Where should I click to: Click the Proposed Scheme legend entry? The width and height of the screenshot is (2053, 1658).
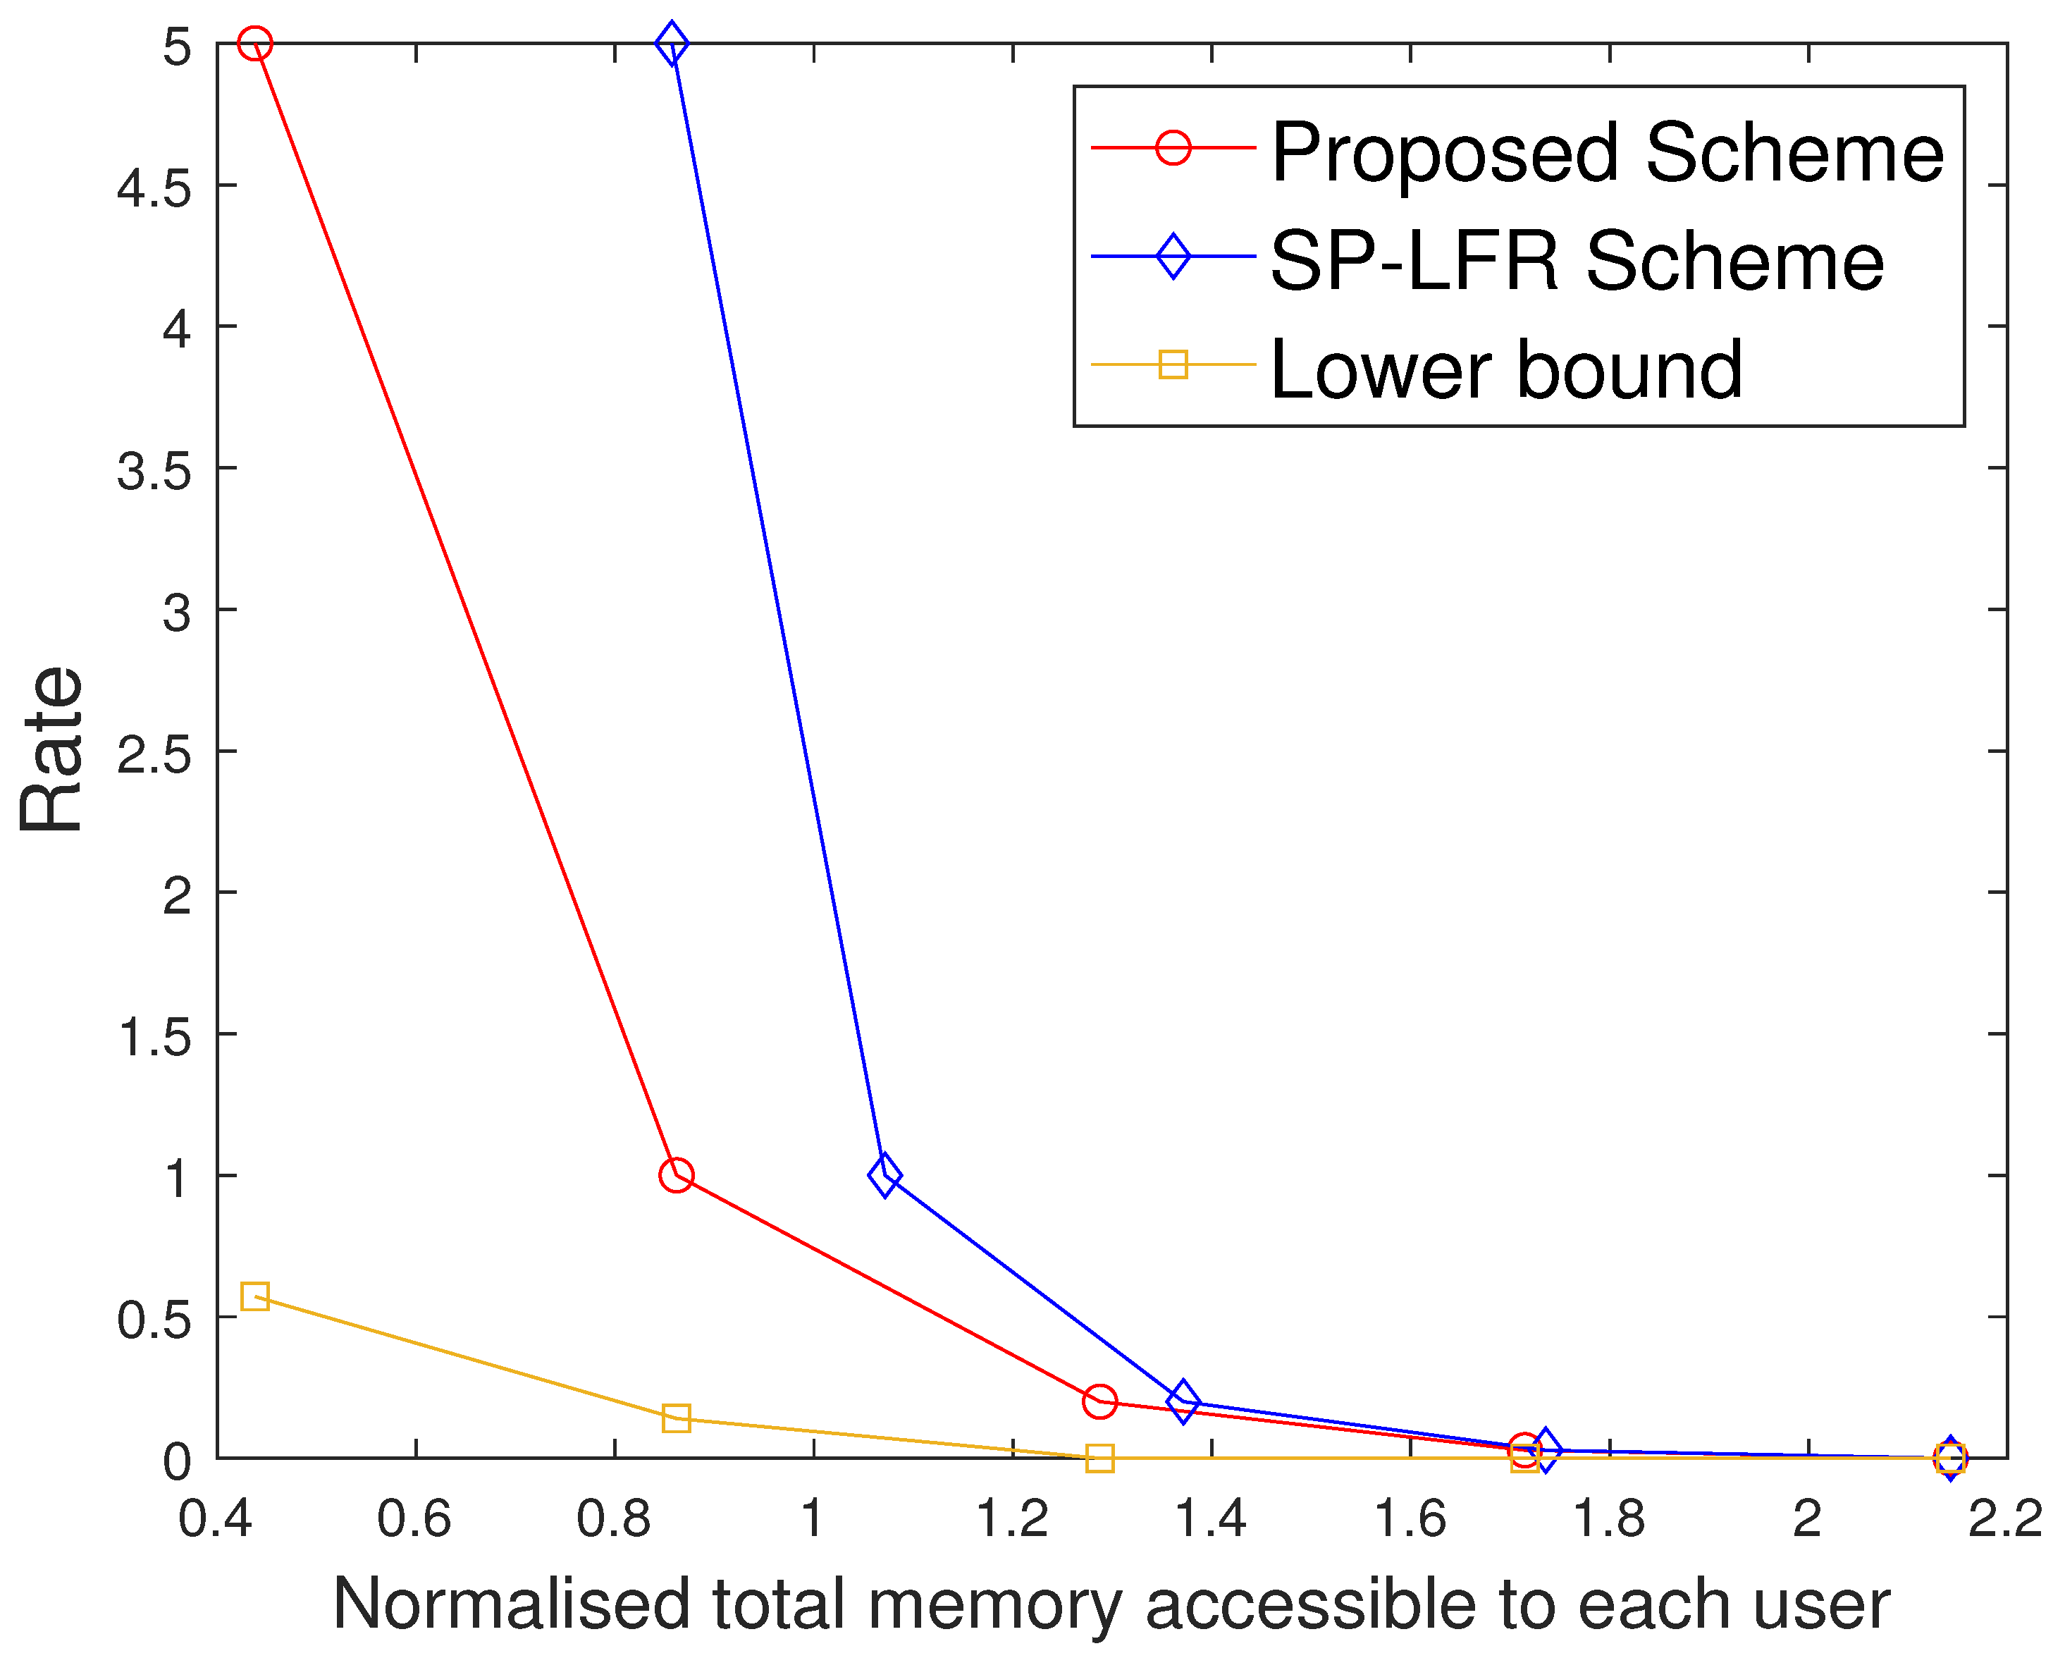1606,153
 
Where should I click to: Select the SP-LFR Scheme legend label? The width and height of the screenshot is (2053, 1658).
1577,261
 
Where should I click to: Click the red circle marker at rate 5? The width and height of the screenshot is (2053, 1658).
254,44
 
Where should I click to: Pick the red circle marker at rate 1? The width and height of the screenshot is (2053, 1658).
676,1176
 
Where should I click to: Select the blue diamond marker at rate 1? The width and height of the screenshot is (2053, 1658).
884,1176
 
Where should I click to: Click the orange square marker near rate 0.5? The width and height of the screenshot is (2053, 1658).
254,1297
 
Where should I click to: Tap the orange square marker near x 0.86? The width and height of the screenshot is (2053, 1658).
676,1418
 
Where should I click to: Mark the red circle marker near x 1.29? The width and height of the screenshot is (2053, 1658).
1100,1402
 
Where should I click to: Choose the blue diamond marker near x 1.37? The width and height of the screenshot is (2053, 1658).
1183,1402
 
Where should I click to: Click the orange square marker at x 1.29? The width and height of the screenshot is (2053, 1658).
1100,1459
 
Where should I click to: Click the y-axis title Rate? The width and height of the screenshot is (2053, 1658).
53,750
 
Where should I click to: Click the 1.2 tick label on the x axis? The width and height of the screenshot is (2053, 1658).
1012,1518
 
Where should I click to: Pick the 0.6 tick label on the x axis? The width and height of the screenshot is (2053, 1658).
414,1518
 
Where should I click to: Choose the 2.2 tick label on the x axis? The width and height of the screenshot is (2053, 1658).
2004,1518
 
